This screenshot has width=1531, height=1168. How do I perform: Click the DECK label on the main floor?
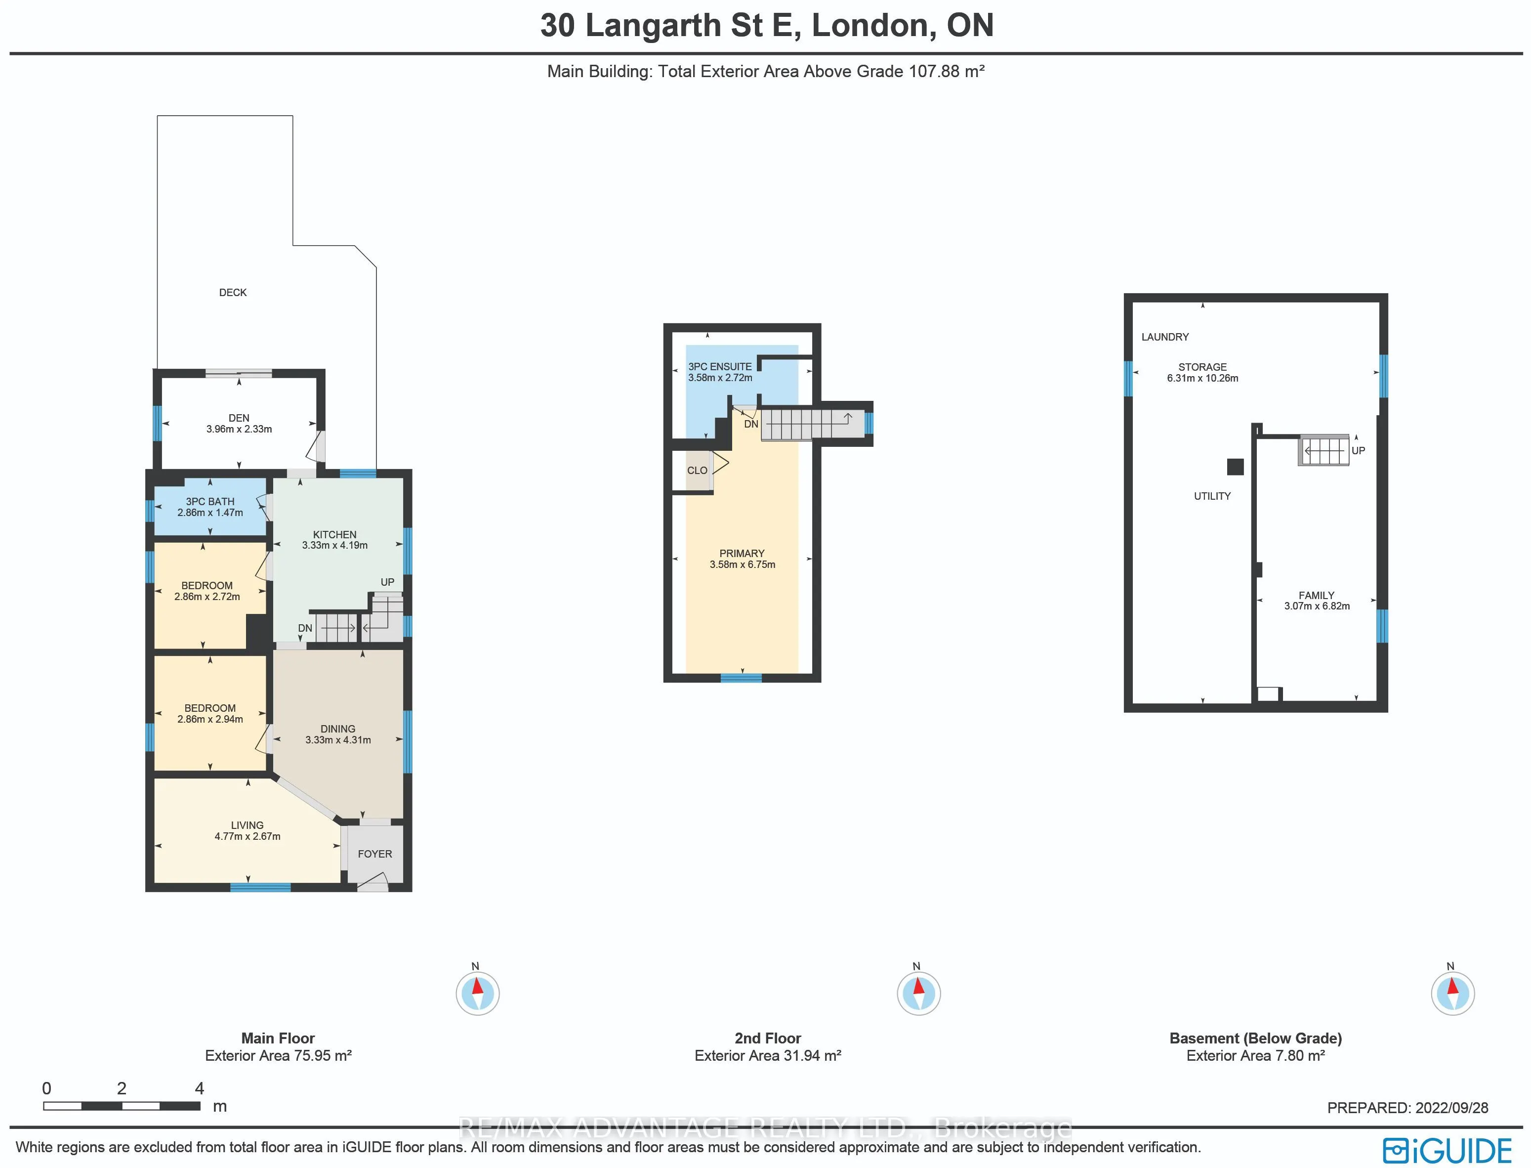tap(233, 293)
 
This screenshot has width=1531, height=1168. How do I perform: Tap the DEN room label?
tap(239, 418)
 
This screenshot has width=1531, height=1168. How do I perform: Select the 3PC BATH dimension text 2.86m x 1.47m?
tap(210, 513)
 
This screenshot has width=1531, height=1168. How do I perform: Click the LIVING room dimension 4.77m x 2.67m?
tap(248, 836)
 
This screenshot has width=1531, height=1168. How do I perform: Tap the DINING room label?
tap(338, 729)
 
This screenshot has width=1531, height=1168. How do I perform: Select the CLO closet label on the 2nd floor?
tap(697, 471)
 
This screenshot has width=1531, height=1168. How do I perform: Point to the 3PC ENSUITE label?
tap(720, 366)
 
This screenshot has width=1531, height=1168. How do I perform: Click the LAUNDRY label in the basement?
tap(1165, 337)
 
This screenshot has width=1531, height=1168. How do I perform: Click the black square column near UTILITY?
tap(1235, 467)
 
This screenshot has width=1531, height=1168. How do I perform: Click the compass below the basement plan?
tap(1452, 993)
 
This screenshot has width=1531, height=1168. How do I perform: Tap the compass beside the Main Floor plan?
tap(477, 993)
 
